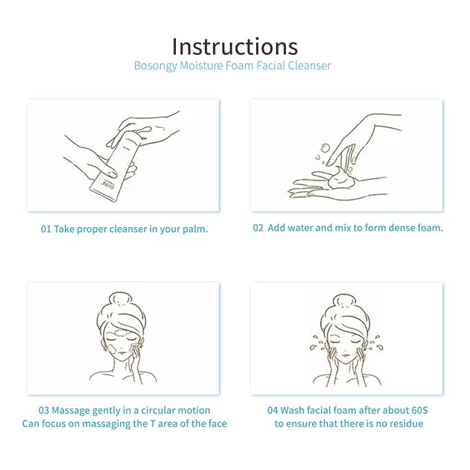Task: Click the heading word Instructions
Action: pos(235,46)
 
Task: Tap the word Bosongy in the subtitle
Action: pos(155,66)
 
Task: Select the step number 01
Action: pos(46,229)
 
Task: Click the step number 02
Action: pos(257,228)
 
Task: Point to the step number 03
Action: pos(44,410)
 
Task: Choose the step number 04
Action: pos(273,410)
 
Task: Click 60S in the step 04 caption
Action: pos(419,410)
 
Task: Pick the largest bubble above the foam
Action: pos(325,147)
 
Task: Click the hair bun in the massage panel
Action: pos(122,300)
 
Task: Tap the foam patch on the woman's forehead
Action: pos(118,332)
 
